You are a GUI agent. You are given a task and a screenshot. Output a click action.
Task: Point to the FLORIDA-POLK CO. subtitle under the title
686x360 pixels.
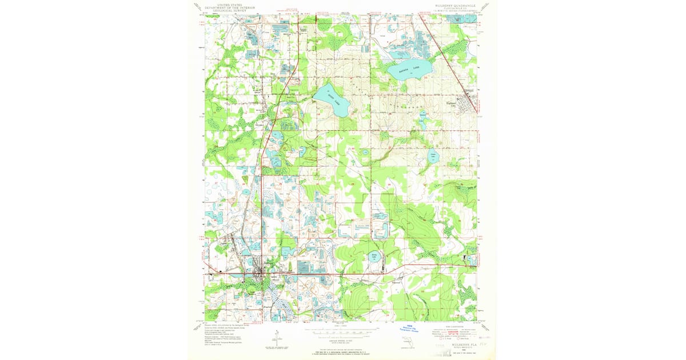coord(454,7)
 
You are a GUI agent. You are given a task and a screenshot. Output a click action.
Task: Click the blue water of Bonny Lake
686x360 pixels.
coord(374,258)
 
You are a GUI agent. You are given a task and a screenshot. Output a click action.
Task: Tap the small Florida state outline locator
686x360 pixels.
coord(406,343)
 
